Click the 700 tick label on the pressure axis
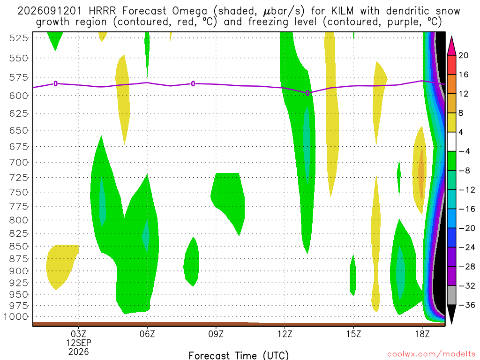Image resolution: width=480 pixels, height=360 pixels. point(18,162)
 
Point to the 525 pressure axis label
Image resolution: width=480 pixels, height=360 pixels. point(18,38)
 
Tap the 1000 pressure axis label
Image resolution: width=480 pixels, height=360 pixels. point(16,317)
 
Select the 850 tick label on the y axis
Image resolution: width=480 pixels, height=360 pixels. point(18,247)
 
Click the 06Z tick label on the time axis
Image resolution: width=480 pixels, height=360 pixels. point(147,334)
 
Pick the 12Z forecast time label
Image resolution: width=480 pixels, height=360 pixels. point(285,334)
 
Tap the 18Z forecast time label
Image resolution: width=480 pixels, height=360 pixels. point(422,334)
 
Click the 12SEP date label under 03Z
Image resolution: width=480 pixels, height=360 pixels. point(79,343)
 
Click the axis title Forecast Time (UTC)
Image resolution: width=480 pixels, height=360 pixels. point(239,355)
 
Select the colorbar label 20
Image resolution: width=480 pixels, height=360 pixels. point(464,55)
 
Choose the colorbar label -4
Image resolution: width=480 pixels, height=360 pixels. point(465,151)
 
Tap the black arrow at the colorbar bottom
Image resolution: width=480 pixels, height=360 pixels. point(451,314)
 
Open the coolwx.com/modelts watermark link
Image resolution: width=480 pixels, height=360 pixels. point(431,354)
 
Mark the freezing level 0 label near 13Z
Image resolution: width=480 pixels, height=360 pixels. point(307,93)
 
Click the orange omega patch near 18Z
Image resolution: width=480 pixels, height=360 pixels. point(422,173)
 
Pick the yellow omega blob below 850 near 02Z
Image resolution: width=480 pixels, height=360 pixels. point(60,265)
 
